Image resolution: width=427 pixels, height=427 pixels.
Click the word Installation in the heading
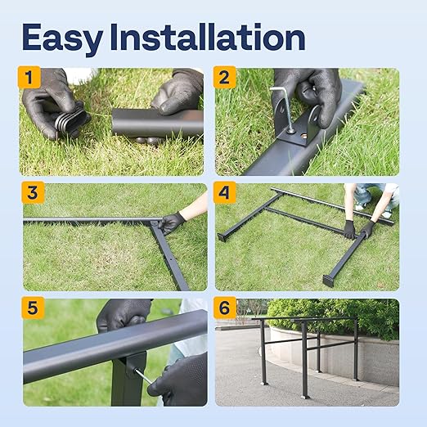point(214,37)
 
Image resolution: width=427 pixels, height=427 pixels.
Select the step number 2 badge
point(224,78)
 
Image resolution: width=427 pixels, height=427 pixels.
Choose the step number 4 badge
point(224,193)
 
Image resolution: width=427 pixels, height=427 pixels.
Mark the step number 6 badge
point(224,308)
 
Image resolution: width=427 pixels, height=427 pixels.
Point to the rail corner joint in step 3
point(155,222)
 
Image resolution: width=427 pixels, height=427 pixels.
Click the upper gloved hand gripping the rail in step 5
point(123,314)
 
